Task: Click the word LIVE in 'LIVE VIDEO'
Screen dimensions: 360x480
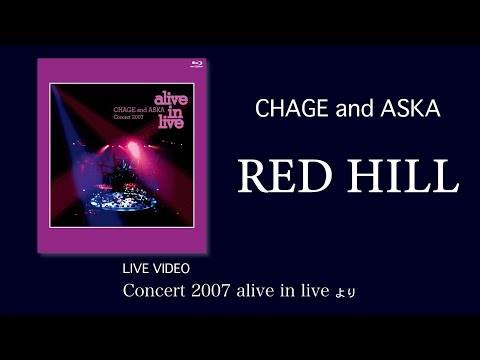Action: click(135, 270)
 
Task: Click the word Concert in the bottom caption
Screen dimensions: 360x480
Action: click(155, 292)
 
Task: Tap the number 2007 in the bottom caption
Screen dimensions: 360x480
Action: click(218, 292)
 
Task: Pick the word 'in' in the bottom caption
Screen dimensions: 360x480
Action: click(297, 292)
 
